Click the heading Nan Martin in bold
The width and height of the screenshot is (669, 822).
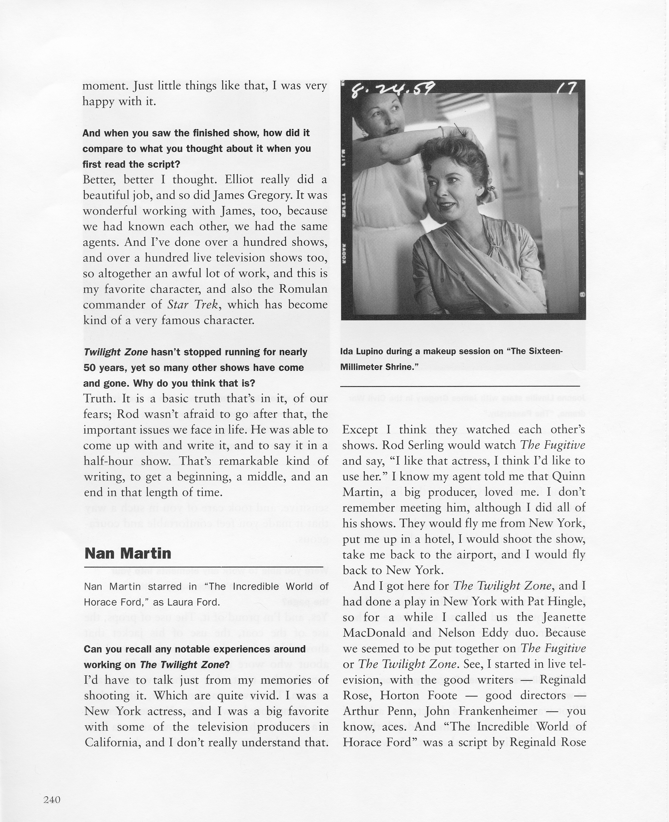click(128, 553)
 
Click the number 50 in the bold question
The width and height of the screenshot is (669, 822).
click(89, 368)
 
